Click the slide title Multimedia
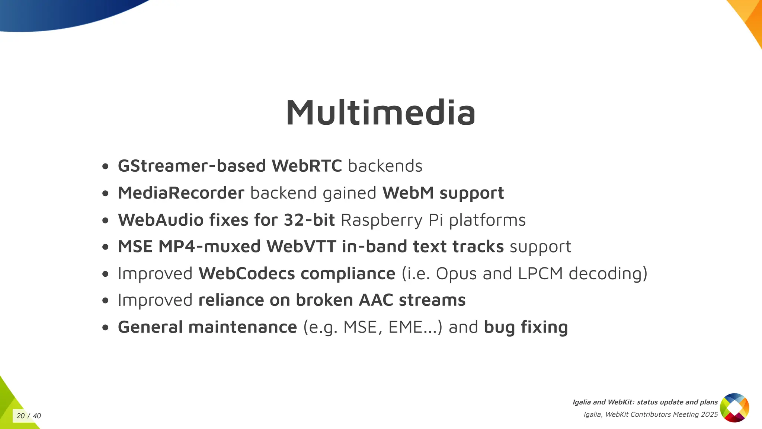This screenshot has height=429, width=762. [380, 112]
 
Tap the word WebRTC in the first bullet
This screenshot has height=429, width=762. [307, 166]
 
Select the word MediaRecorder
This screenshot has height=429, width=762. [181, 193]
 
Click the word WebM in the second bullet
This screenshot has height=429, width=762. [408, 193]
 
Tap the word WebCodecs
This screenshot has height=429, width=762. [247, 273]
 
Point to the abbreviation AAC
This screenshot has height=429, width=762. [376, 300]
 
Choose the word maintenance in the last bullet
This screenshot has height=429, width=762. [243, 327]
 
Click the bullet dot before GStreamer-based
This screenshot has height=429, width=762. [105, 166]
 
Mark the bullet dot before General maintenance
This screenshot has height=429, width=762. [105, 327]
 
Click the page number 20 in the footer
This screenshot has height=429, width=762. [21, 416]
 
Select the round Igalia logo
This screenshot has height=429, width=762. [734, 408]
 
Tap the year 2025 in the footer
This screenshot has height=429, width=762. [709, 414]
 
